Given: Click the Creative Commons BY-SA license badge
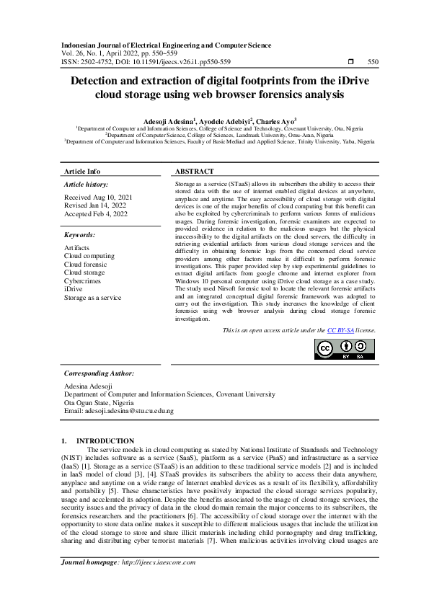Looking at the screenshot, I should [344, 349].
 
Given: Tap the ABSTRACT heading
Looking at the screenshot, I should [195, 172].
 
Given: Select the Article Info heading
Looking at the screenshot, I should [82, 172].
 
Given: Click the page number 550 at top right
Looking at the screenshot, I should [373, 63].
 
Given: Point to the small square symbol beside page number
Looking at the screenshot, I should [350, 63].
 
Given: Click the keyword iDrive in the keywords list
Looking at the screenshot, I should [73, 289].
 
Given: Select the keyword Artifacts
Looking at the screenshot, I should [77, 247].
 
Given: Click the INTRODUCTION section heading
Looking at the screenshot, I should [105, 440].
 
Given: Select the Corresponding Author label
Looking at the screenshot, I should [99, 373].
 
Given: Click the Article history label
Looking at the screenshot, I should [87, 185].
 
